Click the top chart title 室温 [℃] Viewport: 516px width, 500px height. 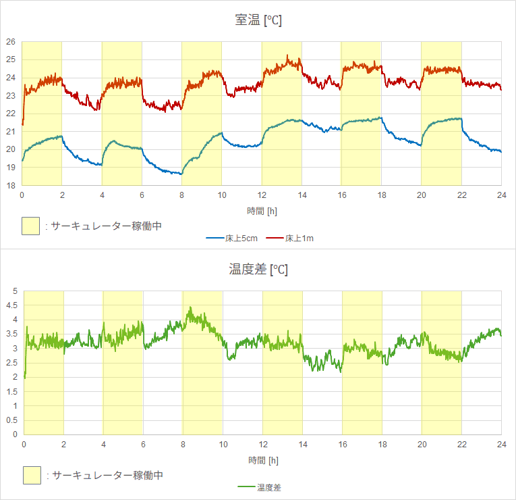click(x=258, y=20)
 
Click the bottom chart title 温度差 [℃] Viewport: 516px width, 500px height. click(x=258, y=270)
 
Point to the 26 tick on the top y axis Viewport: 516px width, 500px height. click(x=11, y=42)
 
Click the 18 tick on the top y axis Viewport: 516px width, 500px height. click(x=11, y=185)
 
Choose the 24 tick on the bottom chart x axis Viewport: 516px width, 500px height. click(x=501, y=444)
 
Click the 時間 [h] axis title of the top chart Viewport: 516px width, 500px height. click(x=262, y=211)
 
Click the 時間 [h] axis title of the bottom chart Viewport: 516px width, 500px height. click(x=262, y=460)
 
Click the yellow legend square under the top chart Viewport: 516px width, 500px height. click(x=31, y=226)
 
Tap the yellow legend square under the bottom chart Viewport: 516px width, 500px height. click(x=31, y=475)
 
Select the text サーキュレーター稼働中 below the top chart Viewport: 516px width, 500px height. click(x=107, y=226)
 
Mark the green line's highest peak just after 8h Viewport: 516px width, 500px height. click(x=190, y=308)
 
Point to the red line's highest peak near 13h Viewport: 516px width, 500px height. click(x=287, y=56)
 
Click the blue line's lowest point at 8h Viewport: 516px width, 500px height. click(x=181, y=174)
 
